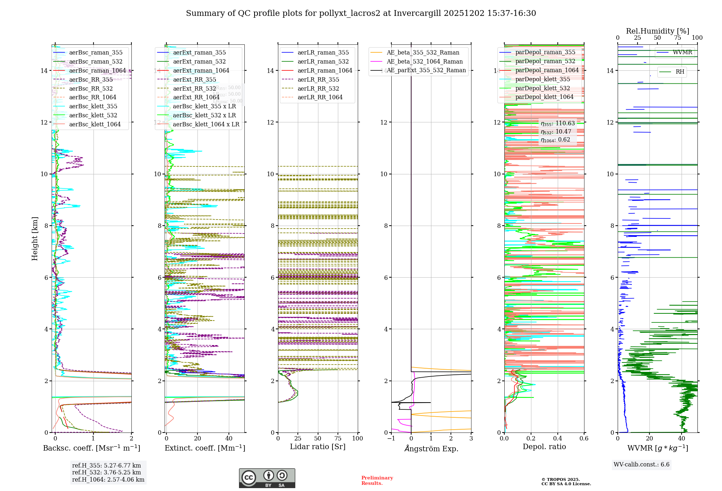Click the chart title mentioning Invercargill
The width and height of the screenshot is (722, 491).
pyautogui.click(x=361, y=13)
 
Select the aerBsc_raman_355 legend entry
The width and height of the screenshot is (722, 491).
pyautogui.click(x=96, y=53)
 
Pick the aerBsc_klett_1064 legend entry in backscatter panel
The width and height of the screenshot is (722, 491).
pyautogui.click(x=95, y=124)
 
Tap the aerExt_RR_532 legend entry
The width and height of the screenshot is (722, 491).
pyautogui.click(x=195, y=88)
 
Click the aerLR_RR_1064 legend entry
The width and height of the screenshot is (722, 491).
pyautogui.click(x=320, y=97)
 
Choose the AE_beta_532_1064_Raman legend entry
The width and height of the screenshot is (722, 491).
pyautogui.click(x=425, y=61)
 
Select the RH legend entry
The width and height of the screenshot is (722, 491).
pyautogui.click(x=680, y=72)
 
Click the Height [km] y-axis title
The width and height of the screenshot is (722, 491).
pyautogui.click(x=35, y=239)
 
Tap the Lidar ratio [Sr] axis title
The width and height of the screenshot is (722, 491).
pyautogui.click(x=318, y=447)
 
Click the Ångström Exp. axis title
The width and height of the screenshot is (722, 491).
pyautogui.click(x=431, y=448)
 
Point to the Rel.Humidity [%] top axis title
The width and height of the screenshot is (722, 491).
pyautogui.click(x=657, y=31)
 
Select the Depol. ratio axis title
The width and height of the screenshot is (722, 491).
pyautogui.click(x=544, y=447)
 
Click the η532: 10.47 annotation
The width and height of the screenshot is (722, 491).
pyautogui.click(x=556, y=132)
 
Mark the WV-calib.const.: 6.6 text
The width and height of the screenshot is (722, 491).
pyautogui.click(x=641, y=465)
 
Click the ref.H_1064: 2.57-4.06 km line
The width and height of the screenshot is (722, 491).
pyautogui.click(x=108, y=480)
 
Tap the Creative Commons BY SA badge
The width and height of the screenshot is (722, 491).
pyautogui.click(x=267, y=478)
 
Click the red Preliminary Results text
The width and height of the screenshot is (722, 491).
pyautogui.click(x=377, y=481)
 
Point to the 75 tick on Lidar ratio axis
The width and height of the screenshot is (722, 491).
pyautogui.click(x=338, y=438)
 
